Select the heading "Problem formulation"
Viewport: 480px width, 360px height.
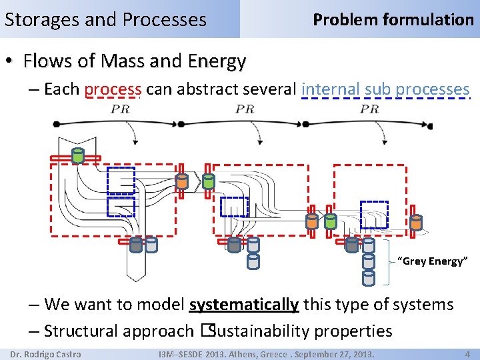click(x=393, y=19)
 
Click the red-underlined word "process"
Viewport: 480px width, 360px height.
click(x=113, y=89)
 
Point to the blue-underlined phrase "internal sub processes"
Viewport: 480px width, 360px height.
click(x=386, y=89)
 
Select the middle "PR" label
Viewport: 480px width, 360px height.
click(x=245, y=109)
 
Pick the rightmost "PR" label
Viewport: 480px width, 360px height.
click(x=369, y=109)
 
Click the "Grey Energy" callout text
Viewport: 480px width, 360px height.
click(x=430, y=261)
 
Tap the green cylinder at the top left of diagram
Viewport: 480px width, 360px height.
click(x=77, y=156)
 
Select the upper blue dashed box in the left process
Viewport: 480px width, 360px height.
click(x=121, y=180)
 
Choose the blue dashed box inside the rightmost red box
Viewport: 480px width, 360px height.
click(x=374, y=214)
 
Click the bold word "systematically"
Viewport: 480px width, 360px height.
click(x=244, y=305)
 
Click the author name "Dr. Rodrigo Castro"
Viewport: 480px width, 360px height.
click(x=46, y=354)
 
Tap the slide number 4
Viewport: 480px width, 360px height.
click(x=467, y=354)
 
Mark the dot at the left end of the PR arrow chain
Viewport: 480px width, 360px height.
click(x=57, y=124)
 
